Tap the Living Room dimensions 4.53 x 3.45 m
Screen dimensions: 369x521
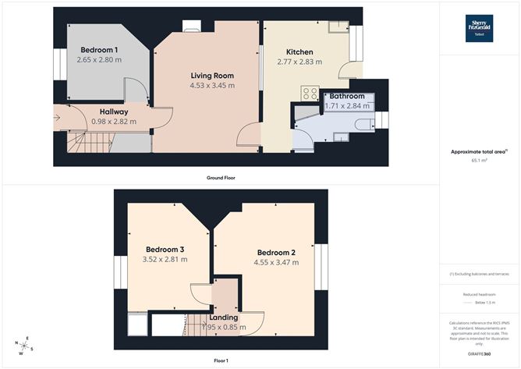tap(213, 85)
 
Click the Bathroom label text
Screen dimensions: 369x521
tap(347, 97)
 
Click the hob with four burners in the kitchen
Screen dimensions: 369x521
tap(307, 94)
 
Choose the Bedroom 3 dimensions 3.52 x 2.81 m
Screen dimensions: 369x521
tap(165, 260)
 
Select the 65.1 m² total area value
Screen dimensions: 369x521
tap(479, 160)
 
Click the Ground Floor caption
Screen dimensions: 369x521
tap(221, 177)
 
